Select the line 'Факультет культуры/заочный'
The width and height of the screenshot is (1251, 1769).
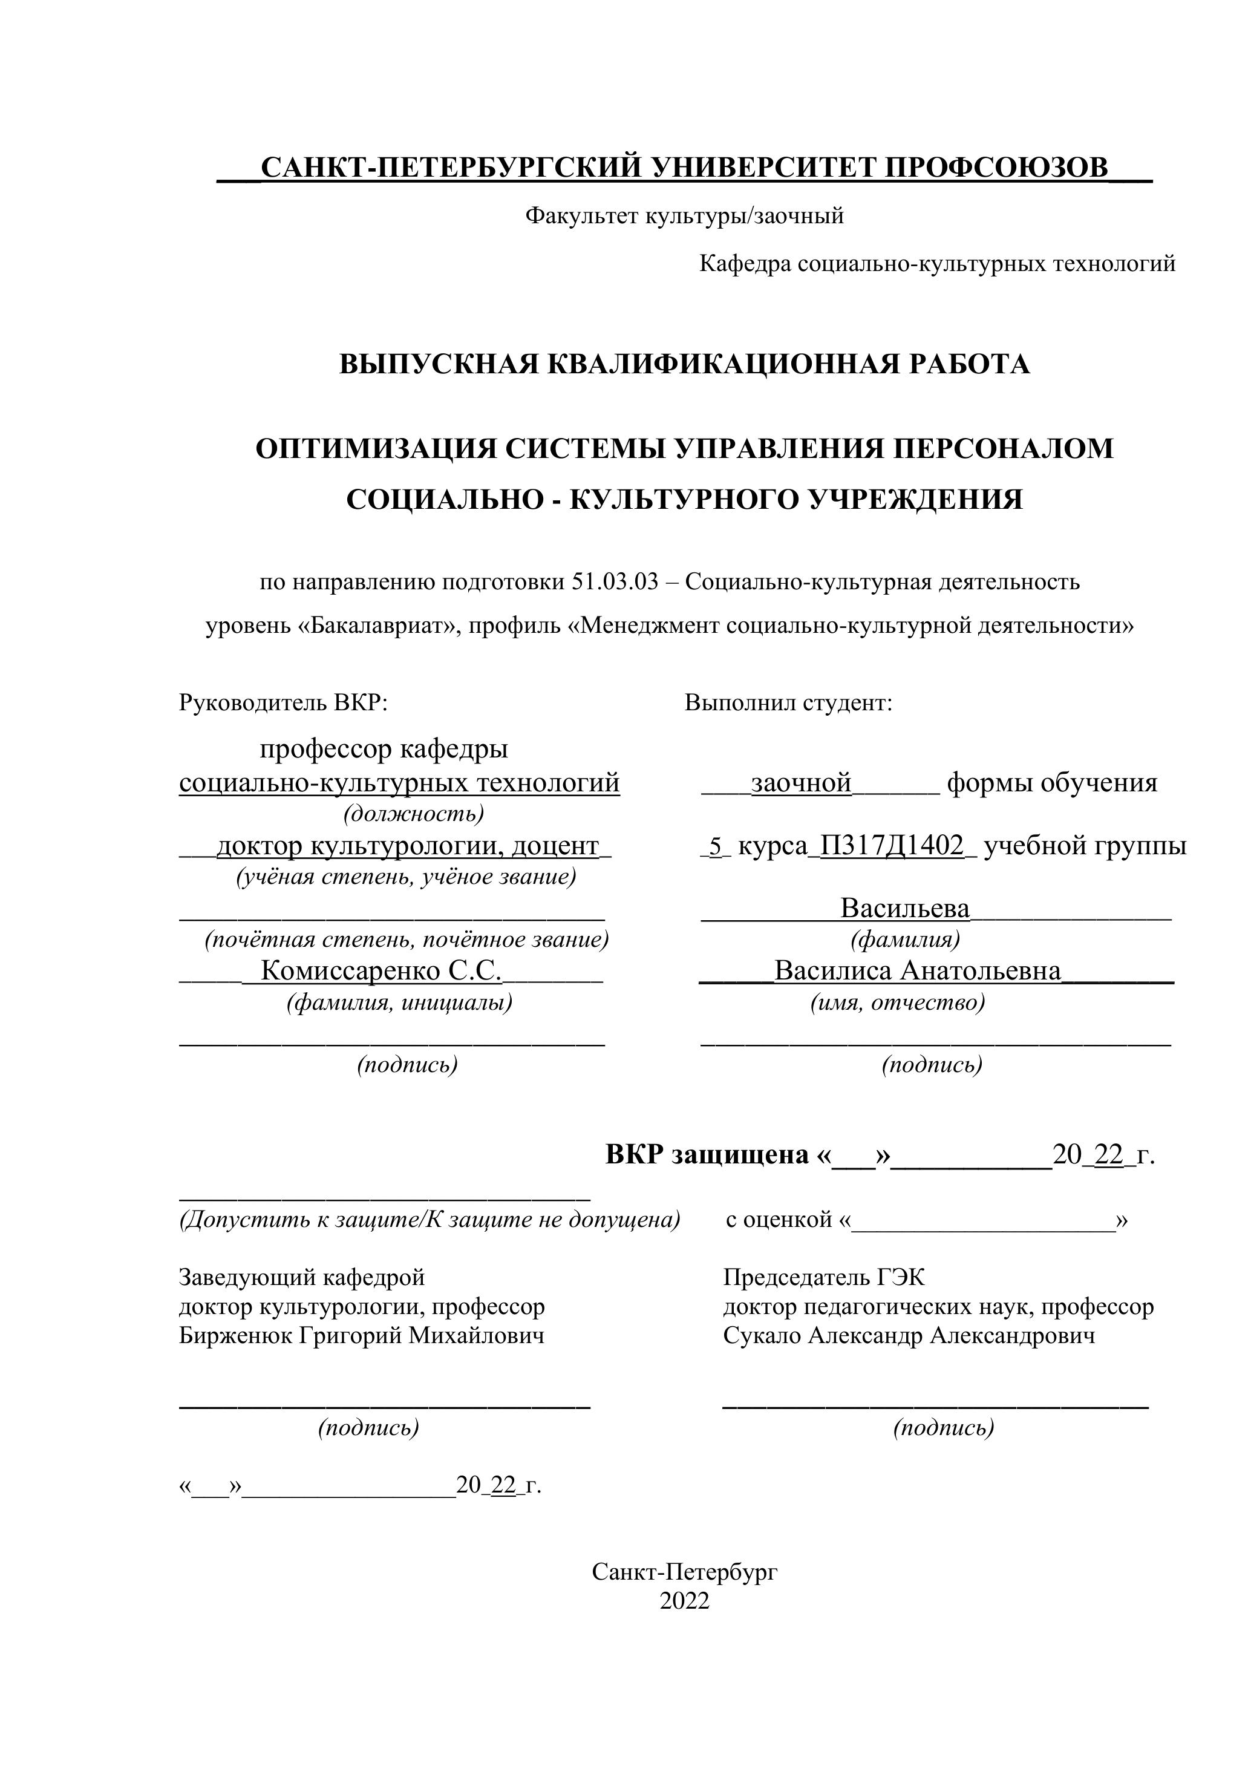[x=684, y=217]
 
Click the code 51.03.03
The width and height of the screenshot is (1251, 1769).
[x=615, y=582]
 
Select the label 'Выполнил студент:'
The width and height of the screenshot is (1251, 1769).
[x=788, y=702]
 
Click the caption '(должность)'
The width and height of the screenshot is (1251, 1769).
[x=414, y=814]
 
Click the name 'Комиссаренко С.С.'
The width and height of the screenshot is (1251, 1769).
[x=381, y=971]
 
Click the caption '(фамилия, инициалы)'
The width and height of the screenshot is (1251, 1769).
[x=399, y=1002]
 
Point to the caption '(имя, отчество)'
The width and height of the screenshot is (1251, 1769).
[x=898, y=1002]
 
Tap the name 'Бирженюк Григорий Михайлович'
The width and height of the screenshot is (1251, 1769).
[x=361, y=1335]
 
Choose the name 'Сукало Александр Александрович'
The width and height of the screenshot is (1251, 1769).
[x=908, y=1335]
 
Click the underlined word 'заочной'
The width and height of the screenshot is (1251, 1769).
[x=801, y=783]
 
